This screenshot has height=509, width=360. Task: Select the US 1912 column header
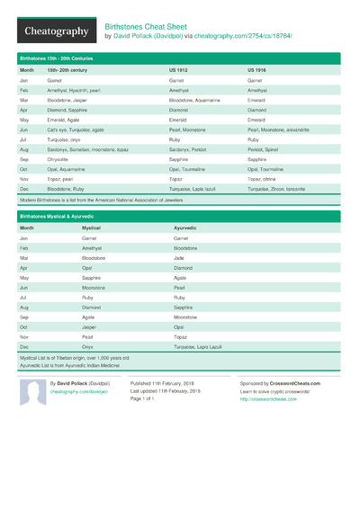pos(179,69)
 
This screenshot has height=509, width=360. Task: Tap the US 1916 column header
pos(257,69)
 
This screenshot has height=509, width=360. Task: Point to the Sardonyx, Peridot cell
pos(190,147)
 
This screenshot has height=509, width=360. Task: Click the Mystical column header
pos(91,228)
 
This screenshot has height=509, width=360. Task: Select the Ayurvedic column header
pos(185,228)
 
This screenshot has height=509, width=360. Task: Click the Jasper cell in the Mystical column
pos(91,326)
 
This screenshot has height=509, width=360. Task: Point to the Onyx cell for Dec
pos(88,346)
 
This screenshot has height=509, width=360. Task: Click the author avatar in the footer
pos(32,391)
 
